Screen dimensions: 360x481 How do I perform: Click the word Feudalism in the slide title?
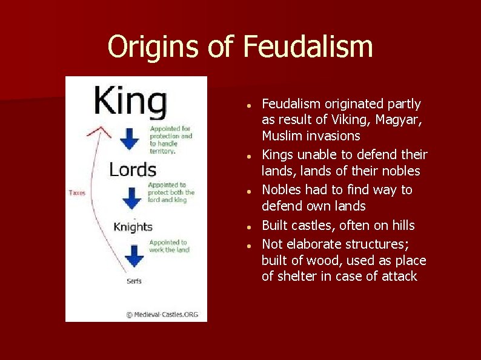coord(308,46)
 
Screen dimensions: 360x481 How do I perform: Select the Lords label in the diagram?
coord(133,170)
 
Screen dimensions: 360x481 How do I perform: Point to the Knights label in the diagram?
coord(133,227)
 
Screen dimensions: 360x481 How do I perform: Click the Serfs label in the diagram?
coord(134,281)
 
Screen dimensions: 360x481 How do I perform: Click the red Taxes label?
coord(77,193)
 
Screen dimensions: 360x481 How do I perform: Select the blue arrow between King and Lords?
coord(129,138)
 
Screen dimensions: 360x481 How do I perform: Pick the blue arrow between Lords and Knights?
coord(131,198)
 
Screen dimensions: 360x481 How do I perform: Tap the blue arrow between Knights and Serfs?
coord(134,255)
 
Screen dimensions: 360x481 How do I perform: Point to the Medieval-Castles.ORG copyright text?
coord(162,315)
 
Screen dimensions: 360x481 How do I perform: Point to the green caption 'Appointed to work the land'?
coord(170,246)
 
